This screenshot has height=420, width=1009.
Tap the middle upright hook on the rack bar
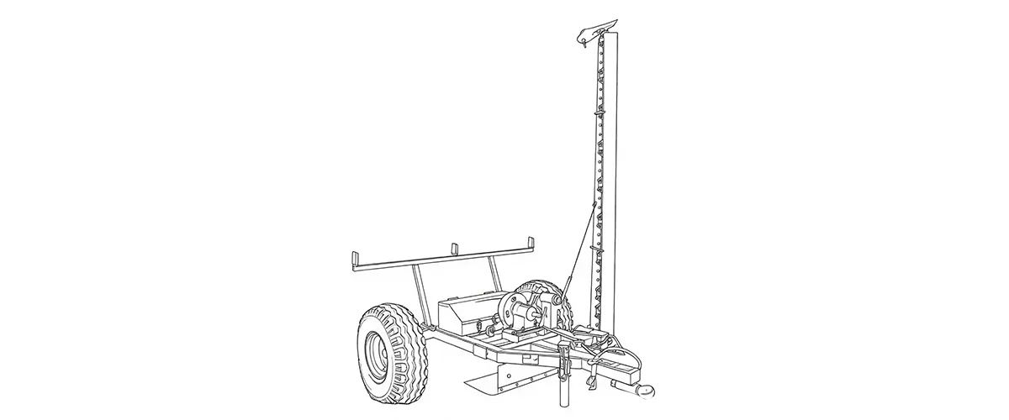click(x=454, y=249)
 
